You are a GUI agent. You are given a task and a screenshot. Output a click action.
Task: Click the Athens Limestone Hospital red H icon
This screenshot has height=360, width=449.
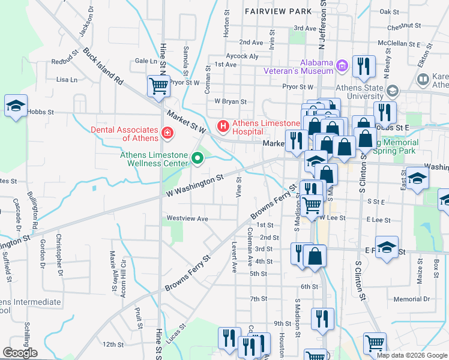point(223,126)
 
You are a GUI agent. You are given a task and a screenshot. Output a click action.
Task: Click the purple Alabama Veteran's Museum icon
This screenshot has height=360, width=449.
point(342,65)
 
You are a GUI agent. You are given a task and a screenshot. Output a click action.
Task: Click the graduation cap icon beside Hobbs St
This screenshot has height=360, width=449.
point(16,106)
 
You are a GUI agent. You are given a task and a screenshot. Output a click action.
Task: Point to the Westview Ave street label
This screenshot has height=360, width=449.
point(187,219)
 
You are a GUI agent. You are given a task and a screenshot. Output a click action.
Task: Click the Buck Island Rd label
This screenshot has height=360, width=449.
point(103,67)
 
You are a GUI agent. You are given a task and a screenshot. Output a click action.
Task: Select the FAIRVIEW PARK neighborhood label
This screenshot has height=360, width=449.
point(278,11)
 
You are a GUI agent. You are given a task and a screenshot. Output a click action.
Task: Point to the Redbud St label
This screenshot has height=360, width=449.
point(65,57)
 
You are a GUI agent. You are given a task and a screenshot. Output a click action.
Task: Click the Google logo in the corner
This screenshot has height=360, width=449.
point(20,353)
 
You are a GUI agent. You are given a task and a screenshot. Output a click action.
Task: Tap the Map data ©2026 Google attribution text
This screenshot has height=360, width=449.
point(412,355)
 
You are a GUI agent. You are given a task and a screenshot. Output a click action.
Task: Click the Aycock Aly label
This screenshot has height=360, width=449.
point(242,56)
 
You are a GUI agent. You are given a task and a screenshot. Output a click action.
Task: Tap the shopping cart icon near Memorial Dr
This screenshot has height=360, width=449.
point(374,343)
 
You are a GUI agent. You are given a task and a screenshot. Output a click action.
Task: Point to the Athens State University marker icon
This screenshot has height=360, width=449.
point(393,91)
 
